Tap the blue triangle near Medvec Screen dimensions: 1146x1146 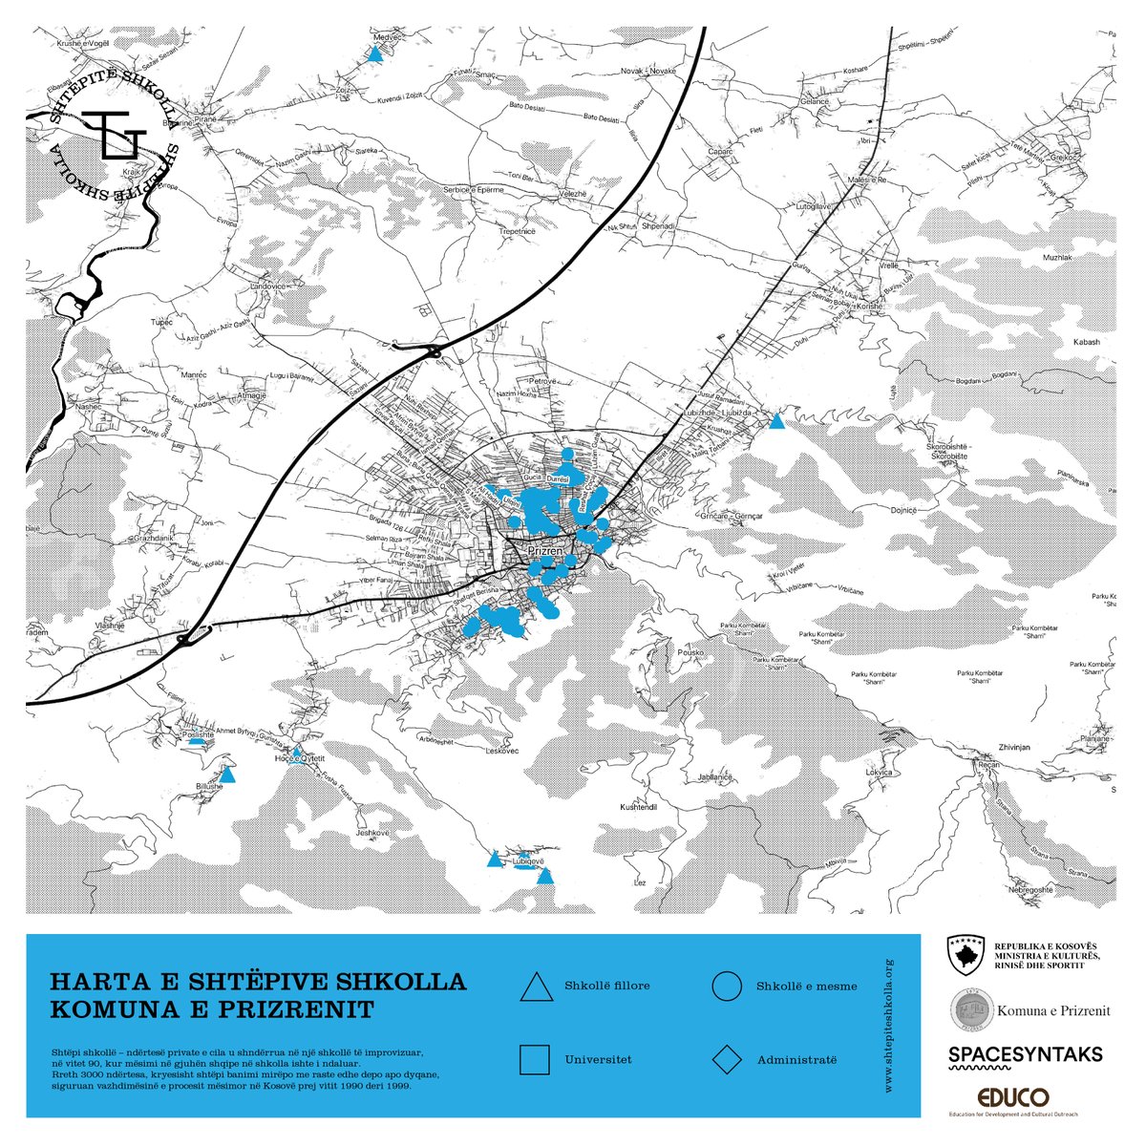pos(375,54)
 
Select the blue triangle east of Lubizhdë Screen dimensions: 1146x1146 pos(777,421)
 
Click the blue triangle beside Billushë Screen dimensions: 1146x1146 pos(227,775)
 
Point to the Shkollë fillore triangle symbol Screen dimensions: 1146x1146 pos(536,987)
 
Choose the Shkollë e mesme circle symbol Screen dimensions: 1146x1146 pos(727,987)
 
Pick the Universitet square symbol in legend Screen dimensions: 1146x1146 pos(535,1060)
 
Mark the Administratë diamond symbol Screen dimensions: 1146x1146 pos(727,1060)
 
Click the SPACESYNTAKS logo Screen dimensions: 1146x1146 pos(1025,1054)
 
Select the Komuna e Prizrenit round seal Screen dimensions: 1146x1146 pos(971,1009)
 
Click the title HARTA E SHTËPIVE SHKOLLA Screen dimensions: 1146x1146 pos(258,982)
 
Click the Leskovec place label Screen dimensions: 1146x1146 pos(501,752)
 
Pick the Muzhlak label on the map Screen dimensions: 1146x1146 pos(1058,258)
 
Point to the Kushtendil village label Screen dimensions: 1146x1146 pos(640,807)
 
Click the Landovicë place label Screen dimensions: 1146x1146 pos(268,286)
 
